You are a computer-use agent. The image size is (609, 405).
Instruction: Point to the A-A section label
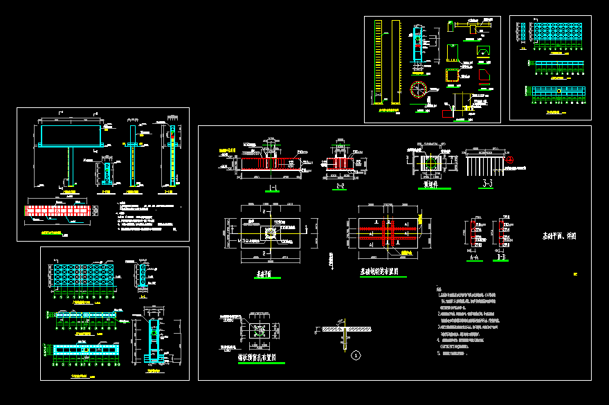[475, 257]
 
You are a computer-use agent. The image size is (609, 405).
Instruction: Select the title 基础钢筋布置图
[382, 273]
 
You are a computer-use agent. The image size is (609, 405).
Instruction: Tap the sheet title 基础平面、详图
[559, 236]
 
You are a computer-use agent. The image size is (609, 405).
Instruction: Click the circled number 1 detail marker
[356, 356]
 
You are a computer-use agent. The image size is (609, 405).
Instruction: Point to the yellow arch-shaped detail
[482, 51]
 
